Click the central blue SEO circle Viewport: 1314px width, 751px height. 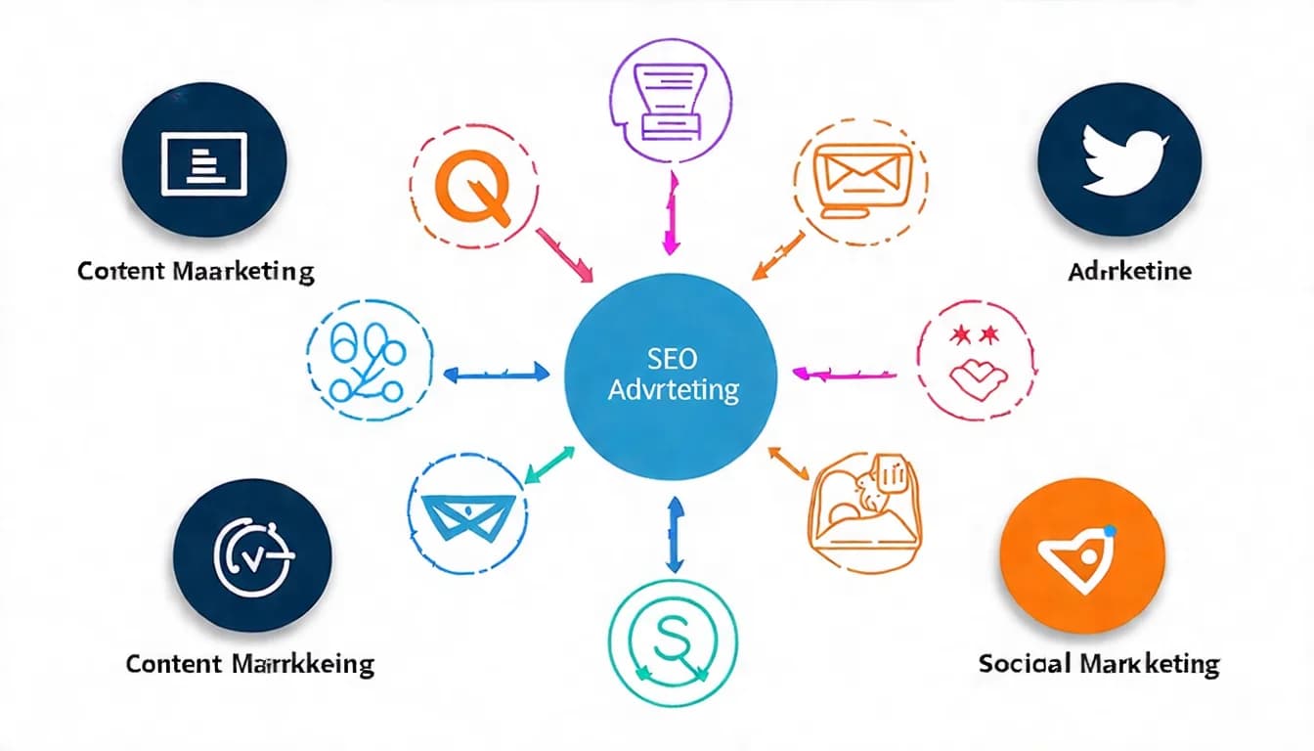coord(671,377)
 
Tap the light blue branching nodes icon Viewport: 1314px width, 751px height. coord(369,362)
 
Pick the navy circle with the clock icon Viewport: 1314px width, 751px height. coord(252,555)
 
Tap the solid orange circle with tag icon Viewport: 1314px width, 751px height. coord(1082,554)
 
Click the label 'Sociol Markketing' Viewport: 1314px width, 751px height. coord(1099,665)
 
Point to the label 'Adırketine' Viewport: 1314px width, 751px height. coord(1129,271)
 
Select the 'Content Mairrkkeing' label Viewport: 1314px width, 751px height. coord(250,665)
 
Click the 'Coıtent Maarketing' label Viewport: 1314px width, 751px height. coord(196,271)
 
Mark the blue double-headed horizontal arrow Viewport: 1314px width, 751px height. coord(497,373)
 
